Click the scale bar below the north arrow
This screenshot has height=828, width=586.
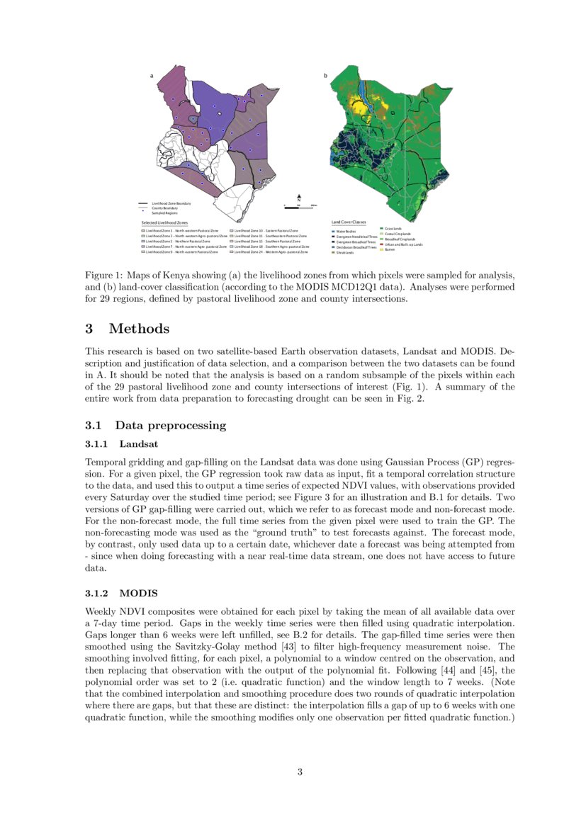click(300, 205)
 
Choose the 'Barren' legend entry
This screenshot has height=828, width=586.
click(389, 249)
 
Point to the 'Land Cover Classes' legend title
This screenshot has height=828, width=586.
click(349, 222)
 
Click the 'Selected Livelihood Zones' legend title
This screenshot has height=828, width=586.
click(164, 222)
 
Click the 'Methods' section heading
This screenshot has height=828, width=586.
click(139, 329)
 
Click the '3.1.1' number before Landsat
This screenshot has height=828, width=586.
click(96, 444)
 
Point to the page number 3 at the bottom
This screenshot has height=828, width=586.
click(300, 772)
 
